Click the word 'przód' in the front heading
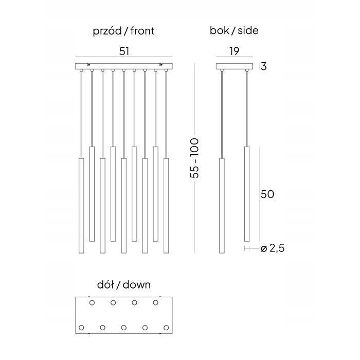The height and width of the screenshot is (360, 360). [x=107, y=31]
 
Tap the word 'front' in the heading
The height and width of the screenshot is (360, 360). [x=142, y=31]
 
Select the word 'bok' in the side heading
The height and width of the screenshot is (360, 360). [x=219, y=30]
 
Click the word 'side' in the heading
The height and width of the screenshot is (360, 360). [x=248, y=30]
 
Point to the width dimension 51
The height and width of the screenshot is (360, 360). [x=124, y=51]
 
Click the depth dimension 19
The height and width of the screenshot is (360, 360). [x=234, y=51]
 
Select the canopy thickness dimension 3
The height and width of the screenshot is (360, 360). [x=264, y=66]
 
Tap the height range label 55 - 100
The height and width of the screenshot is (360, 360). [x=194, y=158]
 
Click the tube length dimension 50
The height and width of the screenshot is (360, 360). [x=267, y=194]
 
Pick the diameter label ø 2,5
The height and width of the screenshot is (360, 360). [x=273, y=248]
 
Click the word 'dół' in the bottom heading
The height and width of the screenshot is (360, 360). [x=105, y=285]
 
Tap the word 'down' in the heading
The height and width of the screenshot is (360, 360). [x=137, y=285]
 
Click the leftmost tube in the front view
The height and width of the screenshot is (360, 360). [x=81, y=206]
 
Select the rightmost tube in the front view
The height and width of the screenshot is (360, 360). [x=166, y=206]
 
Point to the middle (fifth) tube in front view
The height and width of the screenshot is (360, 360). [x=124, y=206]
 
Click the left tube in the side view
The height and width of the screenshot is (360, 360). [x=222, y=206]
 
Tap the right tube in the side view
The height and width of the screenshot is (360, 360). [x=247, y=194]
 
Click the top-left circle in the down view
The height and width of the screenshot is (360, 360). [x=92, y=303]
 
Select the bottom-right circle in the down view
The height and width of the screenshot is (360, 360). [x=166, y=328]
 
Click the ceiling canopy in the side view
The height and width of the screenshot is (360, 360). [x=235, y=66]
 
